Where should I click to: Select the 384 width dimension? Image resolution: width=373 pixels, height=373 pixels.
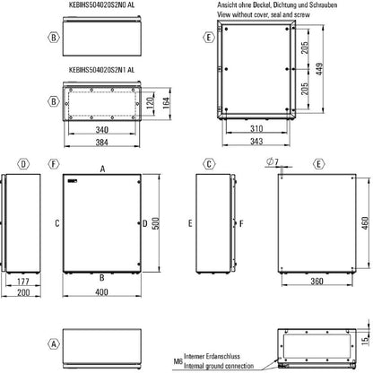pos(101,143)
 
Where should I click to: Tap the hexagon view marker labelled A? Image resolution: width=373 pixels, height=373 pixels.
pos(29,344)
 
